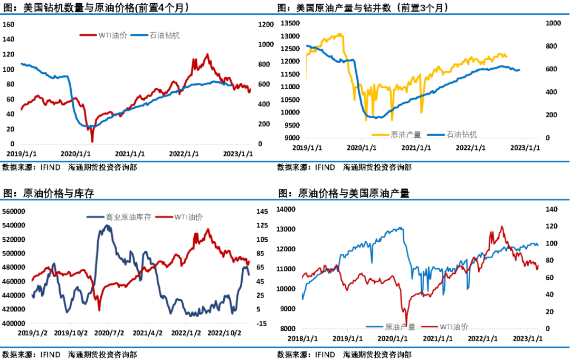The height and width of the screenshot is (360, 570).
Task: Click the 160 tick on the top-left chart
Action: click(x=8, y=24)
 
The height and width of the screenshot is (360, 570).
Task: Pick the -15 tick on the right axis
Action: click(x=261, y=323)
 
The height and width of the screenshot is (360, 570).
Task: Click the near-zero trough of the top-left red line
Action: click(x=92, y=141)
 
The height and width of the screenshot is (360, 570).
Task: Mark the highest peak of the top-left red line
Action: click(x=207, y=54)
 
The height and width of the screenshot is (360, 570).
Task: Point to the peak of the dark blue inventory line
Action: click(x=108, y=225)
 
